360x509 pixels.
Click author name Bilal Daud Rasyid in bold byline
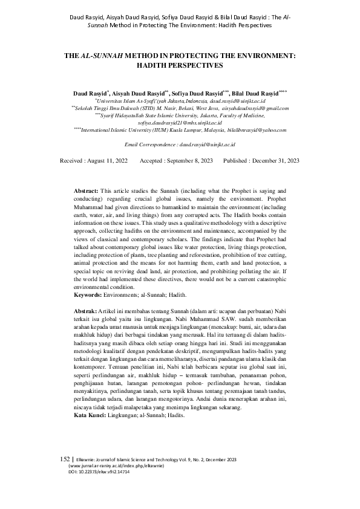click(254, 94)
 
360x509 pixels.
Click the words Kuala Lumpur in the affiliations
click(194, 129)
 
